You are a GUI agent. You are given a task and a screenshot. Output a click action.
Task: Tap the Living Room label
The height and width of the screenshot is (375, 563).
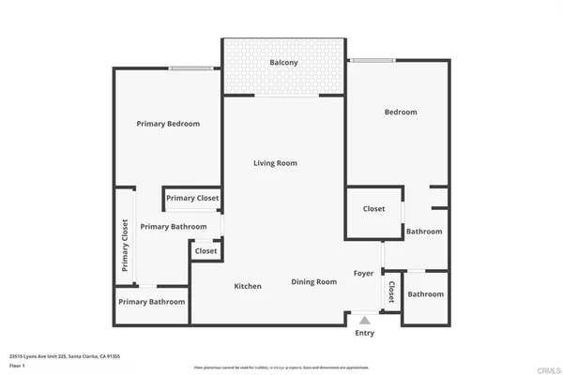point(275,163)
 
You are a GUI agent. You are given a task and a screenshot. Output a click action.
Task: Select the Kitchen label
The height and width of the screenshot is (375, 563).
point(248,286)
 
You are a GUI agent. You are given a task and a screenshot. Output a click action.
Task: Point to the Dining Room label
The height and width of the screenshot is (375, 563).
point(313,281)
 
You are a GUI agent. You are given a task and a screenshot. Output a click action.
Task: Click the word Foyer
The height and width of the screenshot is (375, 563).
point(363,274)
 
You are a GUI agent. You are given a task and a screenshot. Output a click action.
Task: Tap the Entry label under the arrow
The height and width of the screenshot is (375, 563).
point(364,333)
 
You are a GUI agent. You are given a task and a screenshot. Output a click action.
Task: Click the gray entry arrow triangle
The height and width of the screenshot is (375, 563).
point(364,321)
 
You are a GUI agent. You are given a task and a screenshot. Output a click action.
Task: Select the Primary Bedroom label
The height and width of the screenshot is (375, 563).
point(168,124)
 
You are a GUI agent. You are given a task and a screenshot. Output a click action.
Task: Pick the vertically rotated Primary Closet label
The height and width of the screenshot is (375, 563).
point(124,246)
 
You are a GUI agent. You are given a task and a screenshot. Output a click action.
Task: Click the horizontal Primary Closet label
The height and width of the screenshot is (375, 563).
point(192,198)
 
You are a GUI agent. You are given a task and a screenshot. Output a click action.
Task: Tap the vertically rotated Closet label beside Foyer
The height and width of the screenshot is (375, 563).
point(391,292)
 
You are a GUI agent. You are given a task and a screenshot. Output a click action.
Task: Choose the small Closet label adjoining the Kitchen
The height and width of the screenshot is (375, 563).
point(205,251)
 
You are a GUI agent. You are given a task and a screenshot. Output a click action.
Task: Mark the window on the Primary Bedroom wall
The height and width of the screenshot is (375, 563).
point(189,67)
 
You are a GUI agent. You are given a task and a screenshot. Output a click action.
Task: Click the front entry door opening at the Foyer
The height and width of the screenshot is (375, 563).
point(363,312)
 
